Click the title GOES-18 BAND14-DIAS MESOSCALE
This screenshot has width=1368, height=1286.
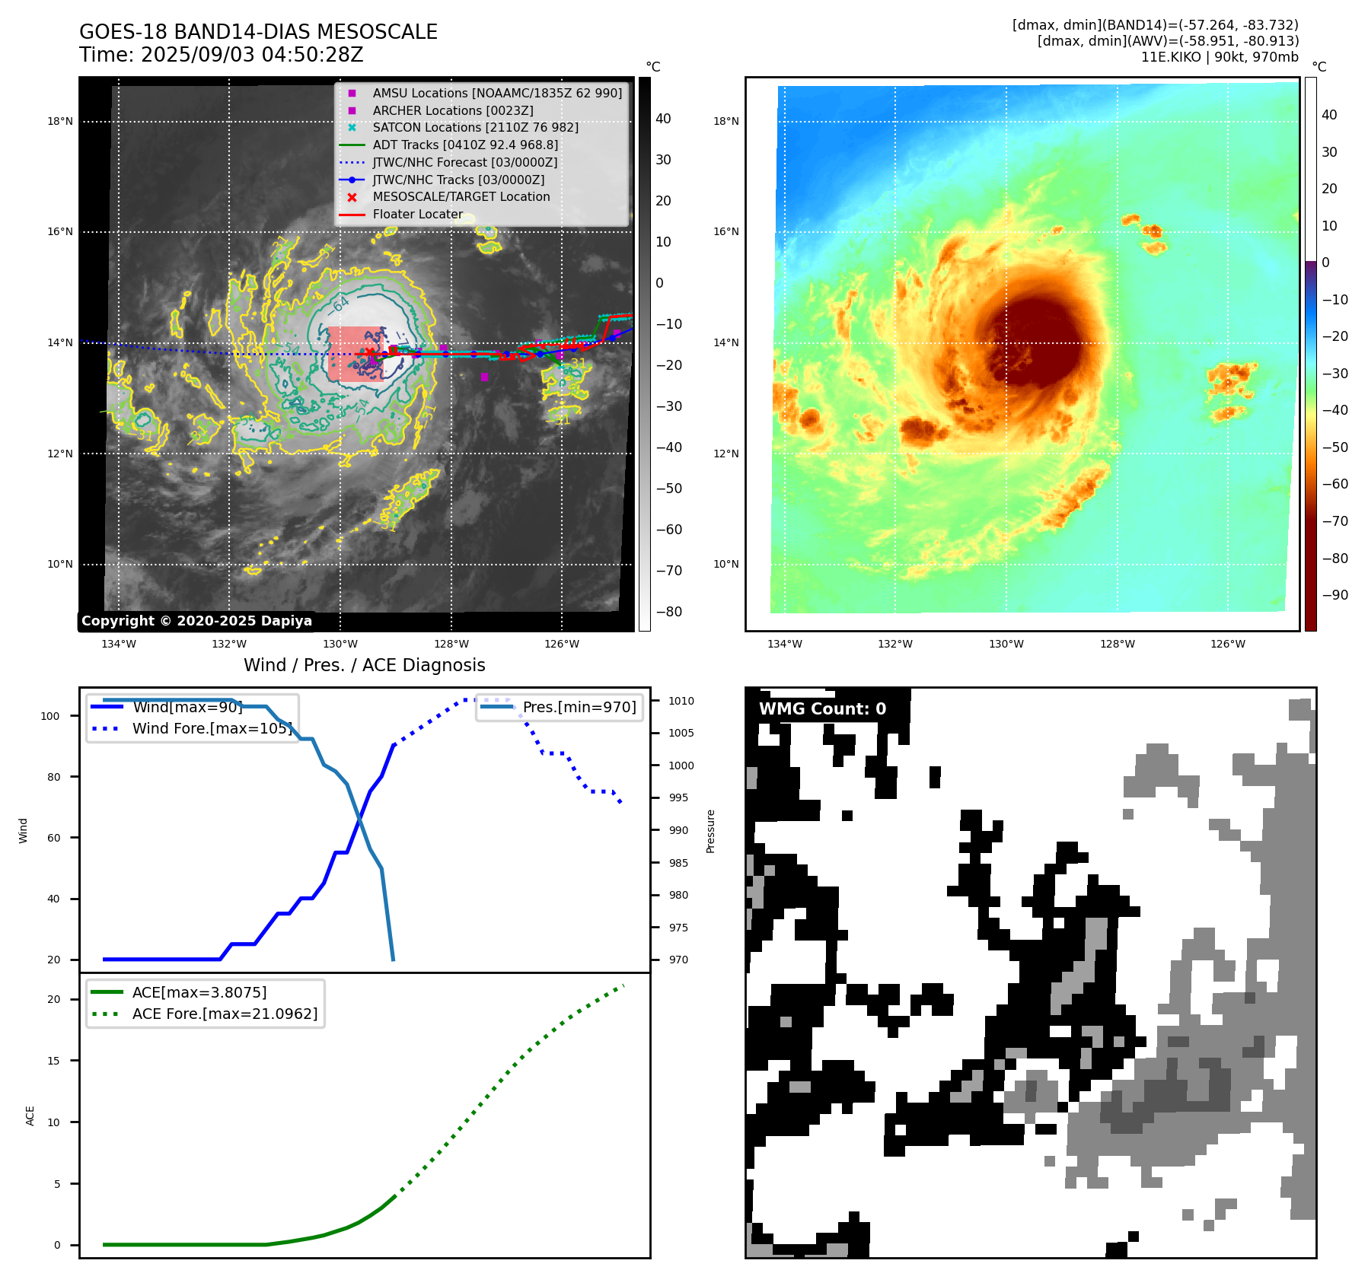[258, 32]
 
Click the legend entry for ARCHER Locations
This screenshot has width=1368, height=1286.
[452, 110]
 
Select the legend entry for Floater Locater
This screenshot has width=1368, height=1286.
[417, 215]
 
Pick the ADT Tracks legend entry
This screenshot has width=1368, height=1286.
[464, 145]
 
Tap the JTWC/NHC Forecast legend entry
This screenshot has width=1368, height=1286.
[464, 162]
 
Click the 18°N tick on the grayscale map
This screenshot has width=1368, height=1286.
[60, 121]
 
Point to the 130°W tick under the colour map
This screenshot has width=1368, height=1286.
[1006, 644]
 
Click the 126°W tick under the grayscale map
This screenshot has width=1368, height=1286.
[561, 644]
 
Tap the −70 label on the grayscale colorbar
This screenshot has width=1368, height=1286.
[669, 571]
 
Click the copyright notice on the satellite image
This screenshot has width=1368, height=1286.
[196, 621]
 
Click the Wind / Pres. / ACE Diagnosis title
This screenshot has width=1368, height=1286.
[364, 665]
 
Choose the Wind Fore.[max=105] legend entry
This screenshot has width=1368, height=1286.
[212, 728]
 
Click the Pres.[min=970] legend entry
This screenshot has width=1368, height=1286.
[579, 707]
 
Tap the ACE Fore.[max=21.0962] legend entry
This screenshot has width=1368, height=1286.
[225, 1014]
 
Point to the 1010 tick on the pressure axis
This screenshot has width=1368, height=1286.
[681, 701]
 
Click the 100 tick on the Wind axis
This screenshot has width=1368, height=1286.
[50, 716]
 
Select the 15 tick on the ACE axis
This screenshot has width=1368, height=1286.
[53, 1061]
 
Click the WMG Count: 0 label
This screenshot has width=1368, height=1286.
[822, 709]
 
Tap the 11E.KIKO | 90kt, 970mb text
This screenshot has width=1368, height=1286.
[1220, 57]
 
